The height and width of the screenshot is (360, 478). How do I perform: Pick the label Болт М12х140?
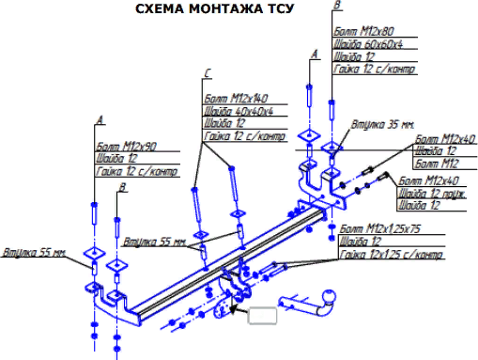(x=233, y=97)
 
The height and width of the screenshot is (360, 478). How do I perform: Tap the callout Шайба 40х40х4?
(x=239, y=111)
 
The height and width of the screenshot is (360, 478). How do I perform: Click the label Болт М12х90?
(x=125, y=146)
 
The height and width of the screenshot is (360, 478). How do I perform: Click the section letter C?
(x=208, y=72)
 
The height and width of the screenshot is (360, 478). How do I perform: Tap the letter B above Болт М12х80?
(x=336, y=7)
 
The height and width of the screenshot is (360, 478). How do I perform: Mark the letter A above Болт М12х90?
(x=100, y=119)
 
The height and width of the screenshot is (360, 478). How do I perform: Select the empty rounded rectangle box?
(x=262, y=314)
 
